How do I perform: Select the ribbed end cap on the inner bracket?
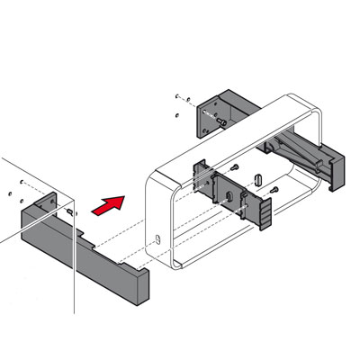click(266, 213)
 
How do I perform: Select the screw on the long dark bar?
click(69, 210)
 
